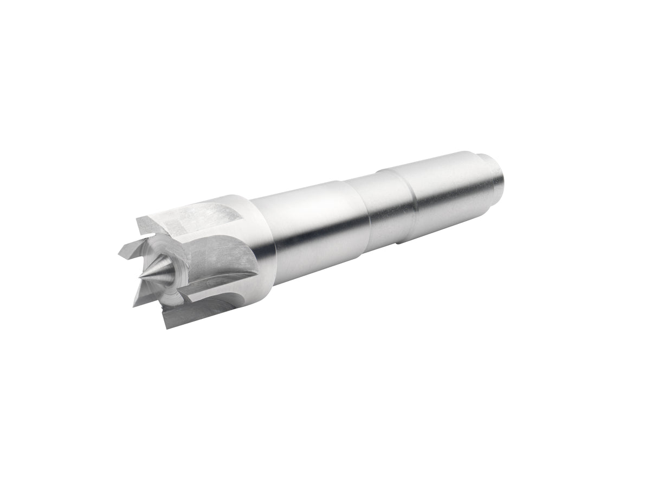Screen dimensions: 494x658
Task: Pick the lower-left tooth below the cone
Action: point(143,296)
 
